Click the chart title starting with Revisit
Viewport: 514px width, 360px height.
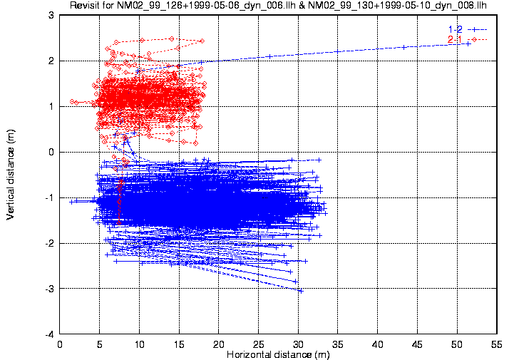tap(277, 6)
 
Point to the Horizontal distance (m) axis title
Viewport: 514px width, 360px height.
tap(278, 354)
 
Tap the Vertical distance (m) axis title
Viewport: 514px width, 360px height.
tap(11, 175)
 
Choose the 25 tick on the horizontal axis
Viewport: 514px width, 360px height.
tap(259, 343)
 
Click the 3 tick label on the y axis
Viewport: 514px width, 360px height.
tap(51, 15)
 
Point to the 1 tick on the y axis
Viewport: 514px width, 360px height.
tap(51, 106)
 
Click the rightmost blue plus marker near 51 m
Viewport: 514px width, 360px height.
tap(468, 43)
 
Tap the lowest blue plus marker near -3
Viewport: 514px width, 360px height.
tap(301, 290)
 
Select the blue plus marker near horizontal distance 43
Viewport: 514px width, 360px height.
tap(404, 47)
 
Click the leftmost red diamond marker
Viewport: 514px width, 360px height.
tap(72, 101)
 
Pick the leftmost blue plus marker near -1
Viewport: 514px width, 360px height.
tap(71, 202)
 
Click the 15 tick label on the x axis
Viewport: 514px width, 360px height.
tap(180, 343)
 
